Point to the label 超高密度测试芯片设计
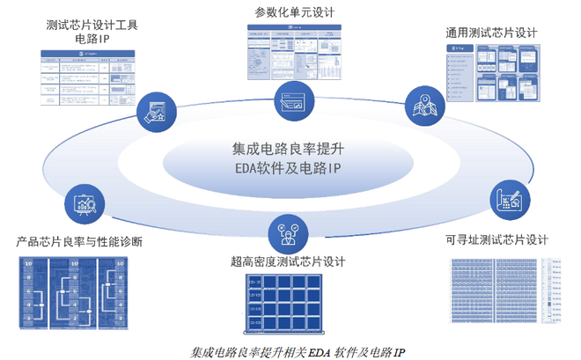tap(289, 261)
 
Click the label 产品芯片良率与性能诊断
tap(79, 240)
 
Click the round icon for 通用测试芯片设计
tap(423, 105)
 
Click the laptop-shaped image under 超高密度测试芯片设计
tap(288, 305)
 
